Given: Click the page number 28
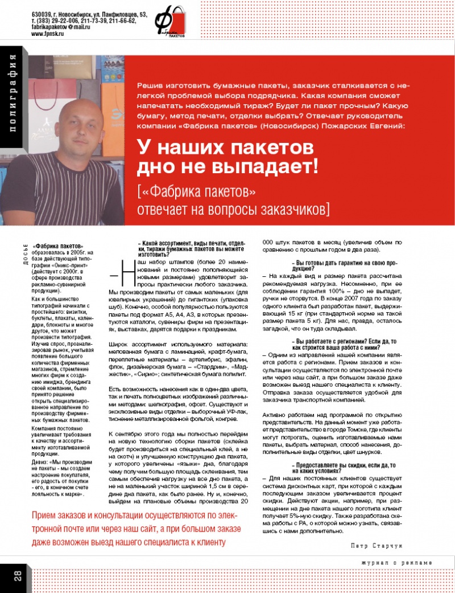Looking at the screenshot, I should point(16,576).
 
